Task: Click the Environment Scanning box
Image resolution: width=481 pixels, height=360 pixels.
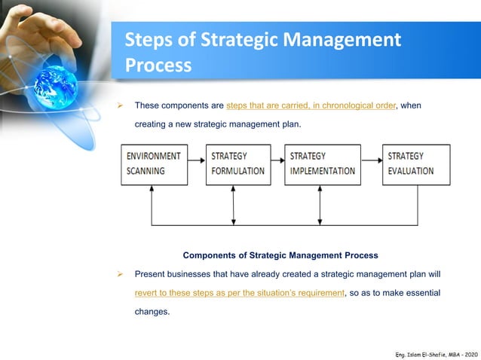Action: (x=153, y=164)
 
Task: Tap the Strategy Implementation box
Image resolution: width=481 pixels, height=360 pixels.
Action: (x=322, y=164)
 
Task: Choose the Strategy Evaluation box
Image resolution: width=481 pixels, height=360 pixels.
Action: (x=415, y=164)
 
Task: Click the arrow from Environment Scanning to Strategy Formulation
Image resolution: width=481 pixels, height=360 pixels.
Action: (x=195, y=160)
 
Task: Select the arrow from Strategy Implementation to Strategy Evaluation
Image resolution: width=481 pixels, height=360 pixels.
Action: (x=371, y=160)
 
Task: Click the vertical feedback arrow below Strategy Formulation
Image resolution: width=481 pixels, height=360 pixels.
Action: (x=234, y=205)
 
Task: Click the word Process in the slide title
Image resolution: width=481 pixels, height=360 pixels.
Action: (x=158, y=65)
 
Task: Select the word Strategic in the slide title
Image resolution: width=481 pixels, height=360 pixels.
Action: (x=225, y=40)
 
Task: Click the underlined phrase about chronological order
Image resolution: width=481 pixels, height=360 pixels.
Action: (x=311, y=105)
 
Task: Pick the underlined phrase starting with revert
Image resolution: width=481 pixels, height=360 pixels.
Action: (x=239, y=292)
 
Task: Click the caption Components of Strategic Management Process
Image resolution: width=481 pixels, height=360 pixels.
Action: (x=280, y=255)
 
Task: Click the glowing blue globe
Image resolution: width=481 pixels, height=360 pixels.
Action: (x=56, y=83)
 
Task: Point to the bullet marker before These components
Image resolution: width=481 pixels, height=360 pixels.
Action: (x=119, y=105)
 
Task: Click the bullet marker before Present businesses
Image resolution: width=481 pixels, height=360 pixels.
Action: (x=119, y=274)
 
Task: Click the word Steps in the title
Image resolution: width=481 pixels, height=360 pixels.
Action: (x=149, y=40)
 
